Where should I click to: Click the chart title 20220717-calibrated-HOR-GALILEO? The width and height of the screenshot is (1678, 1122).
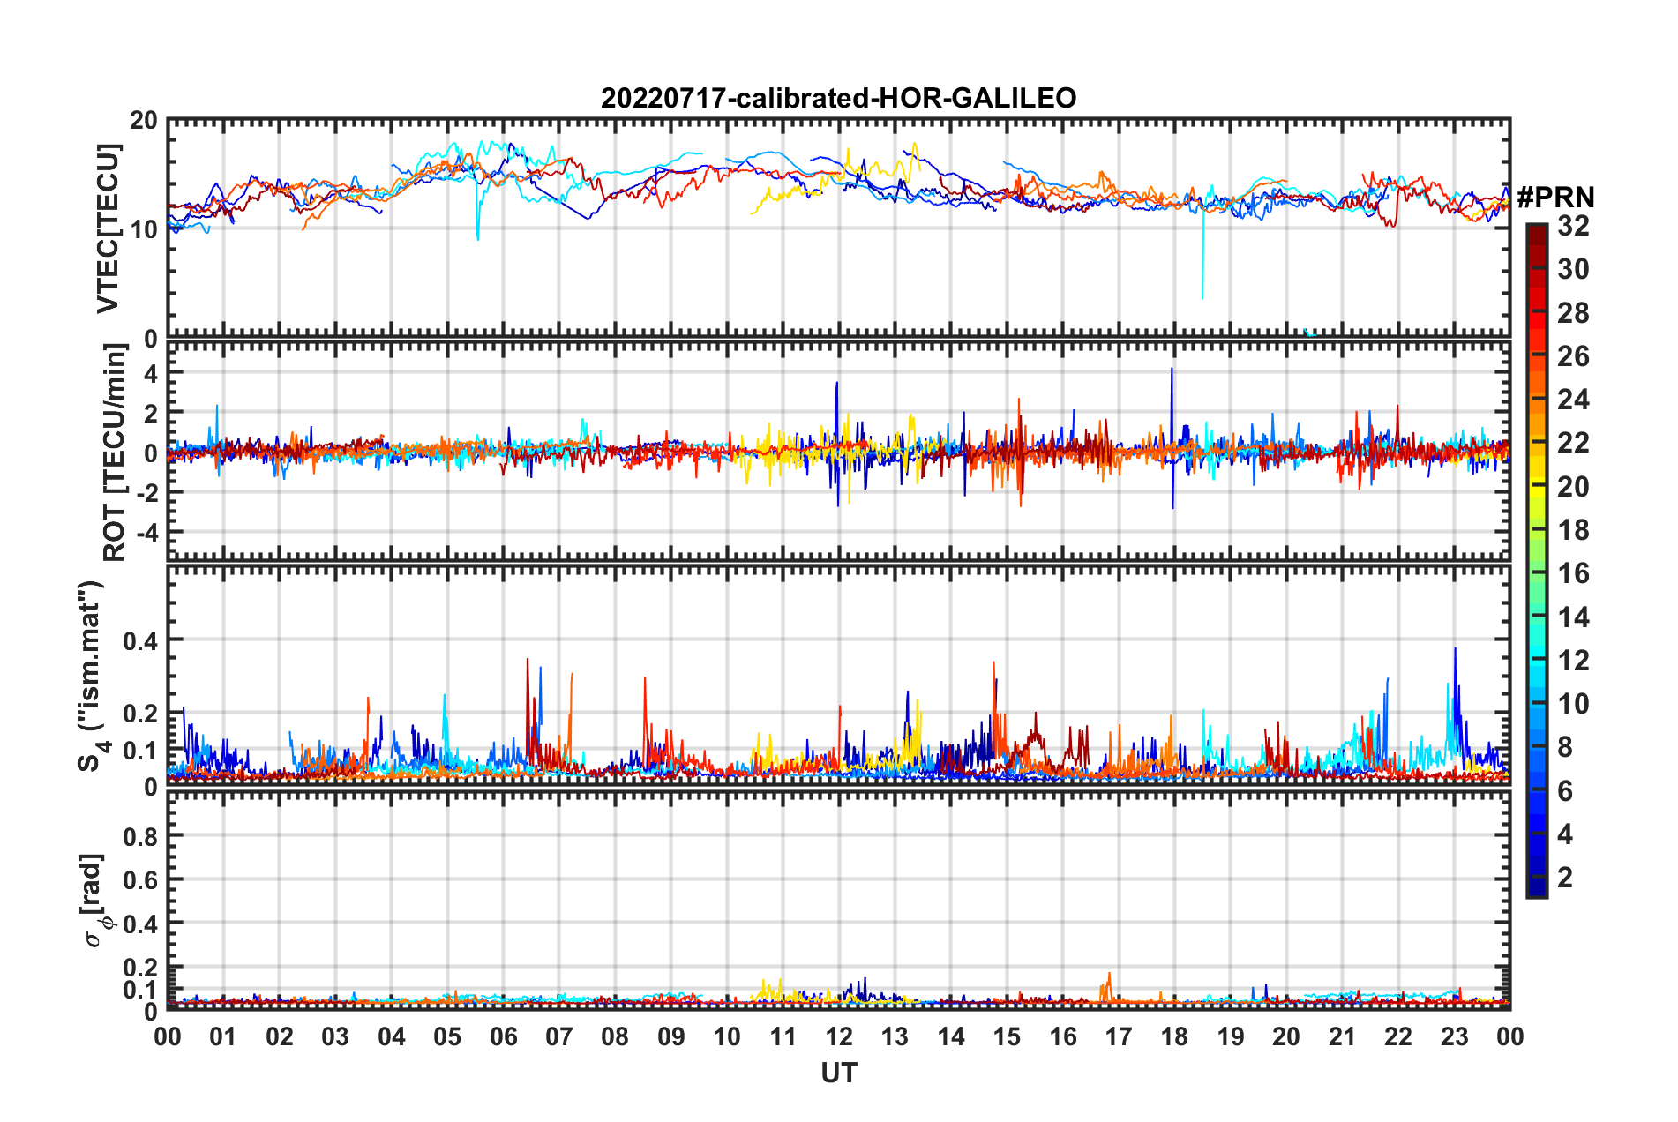tap(838, 98)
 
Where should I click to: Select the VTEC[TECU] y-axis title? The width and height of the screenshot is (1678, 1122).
tap(108, 228)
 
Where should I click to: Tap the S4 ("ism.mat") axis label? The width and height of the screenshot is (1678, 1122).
tap(91, 676)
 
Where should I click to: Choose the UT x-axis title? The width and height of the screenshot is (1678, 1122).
tap(838, 1073)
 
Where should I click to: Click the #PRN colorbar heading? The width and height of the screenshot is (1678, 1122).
tap(1555, 198)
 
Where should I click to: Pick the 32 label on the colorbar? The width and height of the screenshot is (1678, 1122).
tap(1573, 227)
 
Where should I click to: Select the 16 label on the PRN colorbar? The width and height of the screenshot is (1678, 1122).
tap(1573, 574)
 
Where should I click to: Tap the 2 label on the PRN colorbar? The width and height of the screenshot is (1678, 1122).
tap(1565, 878)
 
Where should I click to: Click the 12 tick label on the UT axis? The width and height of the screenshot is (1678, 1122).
tap(838, 1036)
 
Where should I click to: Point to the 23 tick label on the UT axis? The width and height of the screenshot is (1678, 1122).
tap(1454, 1036)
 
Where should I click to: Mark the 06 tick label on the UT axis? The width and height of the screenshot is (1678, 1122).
tap(503, 1036)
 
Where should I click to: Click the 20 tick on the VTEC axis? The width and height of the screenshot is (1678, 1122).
tap(144, 121)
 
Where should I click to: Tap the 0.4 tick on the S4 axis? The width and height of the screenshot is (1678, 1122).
tap(140, 640)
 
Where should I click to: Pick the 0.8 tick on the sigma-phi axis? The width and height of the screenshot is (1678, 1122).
tap(140, 835)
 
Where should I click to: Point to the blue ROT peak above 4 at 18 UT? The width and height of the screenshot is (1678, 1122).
tap(1172, 370)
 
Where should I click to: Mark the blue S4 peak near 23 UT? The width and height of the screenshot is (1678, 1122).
tap(1455, 650)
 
